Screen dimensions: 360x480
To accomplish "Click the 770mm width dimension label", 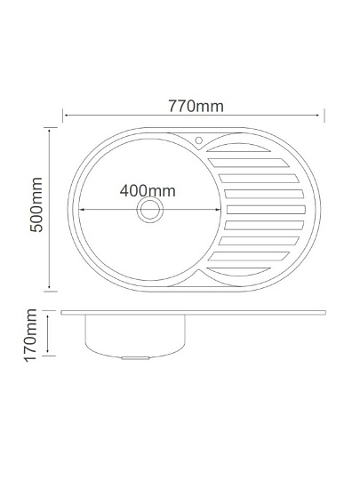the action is (x=196, y=107).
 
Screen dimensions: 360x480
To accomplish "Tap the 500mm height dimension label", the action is (x=36, y=204).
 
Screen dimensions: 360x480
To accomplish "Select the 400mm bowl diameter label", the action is (x=148, y=191).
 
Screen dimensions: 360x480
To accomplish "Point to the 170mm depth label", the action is (x=30, y=335).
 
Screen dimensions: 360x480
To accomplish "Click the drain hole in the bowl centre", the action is (x=150, y=210).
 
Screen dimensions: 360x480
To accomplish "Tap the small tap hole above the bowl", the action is (x=199, y=140).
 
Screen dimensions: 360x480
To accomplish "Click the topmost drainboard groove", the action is (x=238, y=148).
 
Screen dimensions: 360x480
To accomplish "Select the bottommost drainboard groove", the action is (x=238, y=271).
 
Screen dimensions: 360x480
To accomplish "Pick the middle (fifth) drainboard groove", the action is (x=266, y=210).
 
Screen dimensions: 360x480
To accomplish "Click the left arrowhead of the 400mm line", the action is (x=82, y=210).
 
